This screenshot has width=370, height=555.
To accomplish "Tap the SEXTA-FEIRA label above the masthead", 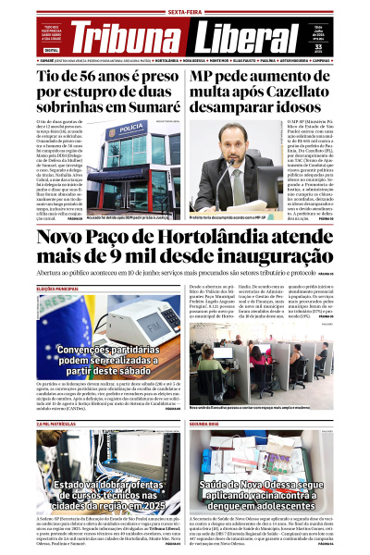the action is click(185, 12).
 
